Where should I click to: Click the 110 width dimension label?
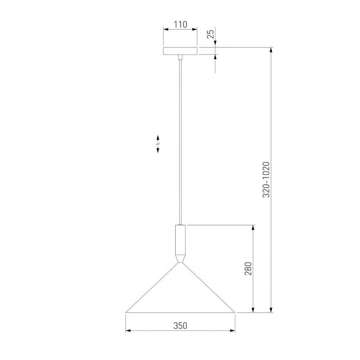180,24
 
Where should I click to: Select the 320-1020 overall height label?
266,180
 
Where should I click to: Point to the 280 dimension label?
248,268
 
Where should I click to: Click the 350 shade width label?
180,325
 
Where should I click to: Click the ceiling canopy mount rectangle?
180,51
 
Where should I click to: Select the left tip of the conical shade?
126,312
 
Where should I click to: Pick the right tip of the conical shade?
235,312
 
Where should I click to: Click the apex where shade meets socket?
180,263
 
